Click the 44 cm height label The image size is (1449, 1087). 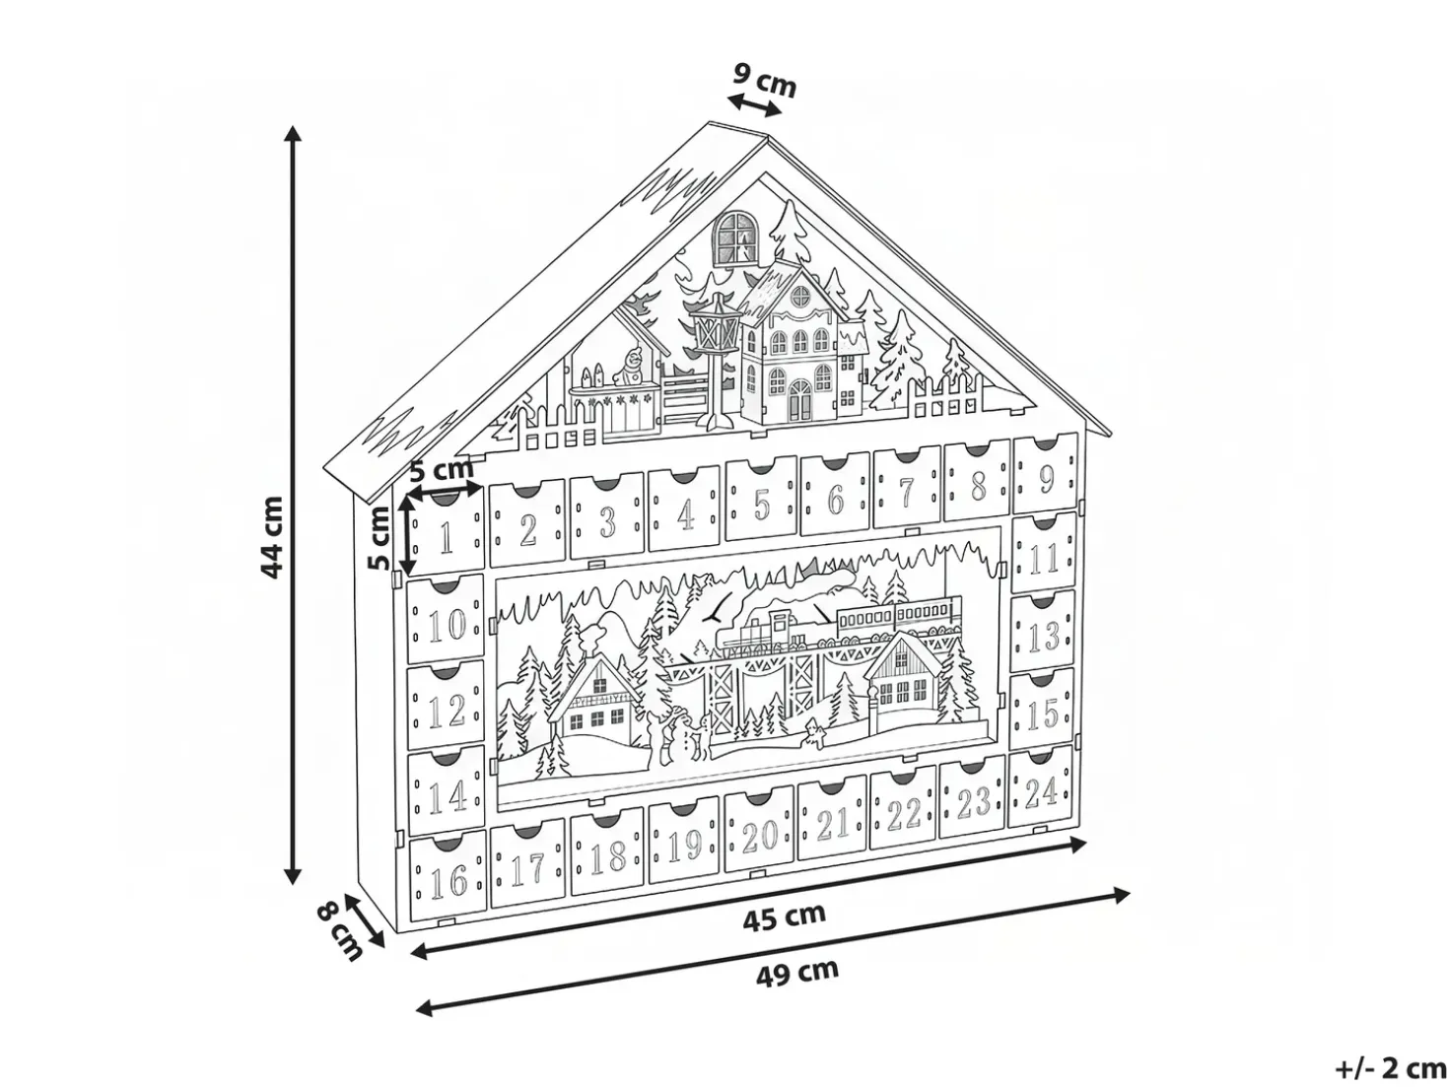pos(271,537)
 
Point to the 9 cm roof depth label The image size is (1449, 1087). pos(765,79)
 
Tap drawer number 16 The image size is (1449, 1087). pos(448,876)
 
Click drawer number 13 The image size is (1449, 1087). pos(1043,632)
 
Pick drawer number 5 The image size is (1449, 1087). pos(761,500)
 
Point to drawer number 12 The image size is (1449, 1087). pos(447,707)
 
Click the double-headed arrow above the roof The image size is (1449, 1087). pos(753,105)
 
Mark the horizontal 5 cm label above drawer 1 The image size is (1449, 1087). pos(442,469)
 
